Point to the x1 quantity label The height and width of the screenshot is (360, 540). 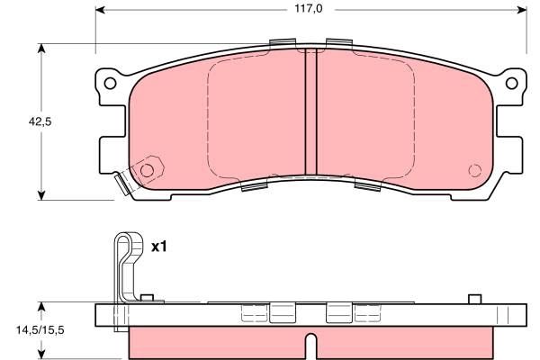[x=159, y=246]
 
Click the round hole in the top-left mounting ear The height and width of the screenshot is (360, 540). [x=110, y=84]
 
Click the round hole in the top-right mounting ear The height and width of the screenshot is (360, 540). [x=513, y=84]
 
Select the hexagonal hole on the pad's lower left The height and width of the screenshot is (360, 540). [x=147, y=168]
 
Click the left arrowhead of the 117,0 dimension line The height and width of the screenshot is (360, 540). [x=101, y=11]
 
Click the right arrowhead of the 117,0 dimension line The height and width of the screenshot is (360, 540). [x=521, y=11]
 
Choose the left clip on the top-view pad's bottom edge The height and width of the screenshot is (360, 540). [x=255, y=187]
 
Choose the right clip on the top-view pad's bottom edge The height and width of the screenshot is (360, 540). [x=369, y=186]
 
